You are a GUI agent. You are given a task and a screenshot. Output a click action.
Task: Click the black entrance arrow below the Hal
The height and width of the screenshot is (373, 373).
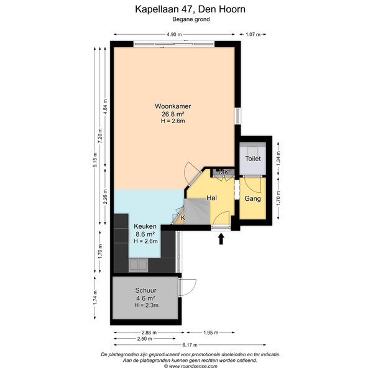[x=221, y=239]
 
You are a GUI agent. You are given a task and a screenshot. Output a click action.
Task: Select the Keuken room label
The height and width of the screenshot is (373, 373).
[x=145, y=226]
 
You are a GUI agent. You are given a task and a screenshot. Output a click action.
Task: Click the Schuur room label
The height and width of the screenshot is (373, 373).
[x=146, y=290]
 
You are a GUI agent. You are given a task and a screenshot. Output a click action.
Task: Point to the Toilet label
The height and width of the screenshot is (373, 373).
[x=253, y=159]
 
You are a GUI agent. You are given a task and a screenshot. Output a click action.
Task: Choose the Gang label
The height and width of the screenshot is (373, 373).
[x=252, y=198]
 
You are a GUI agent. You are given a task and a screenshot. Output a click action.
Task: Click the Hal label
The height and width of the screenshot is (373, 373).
[x=211, y=198]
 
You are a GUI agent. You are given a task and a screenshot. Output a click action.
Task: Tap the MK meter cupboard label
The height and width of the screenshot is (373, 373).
[x=224, y=172]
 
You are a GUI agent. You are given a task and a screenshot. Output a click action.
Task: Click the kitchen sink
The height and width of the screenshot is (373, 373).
[x=138, y=265]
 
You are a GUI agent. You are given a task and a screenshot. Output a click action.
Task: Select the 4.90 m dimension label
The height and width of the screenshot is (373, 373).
[x=174, y=34]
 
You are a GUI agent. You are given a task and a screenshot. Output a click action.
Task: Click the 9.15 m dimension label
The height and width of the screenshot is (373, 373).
[x=95, y=160]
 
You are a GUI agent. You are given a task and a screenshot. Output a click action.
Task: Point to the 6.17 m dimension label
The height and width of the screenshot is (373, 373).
[x=190, y=344]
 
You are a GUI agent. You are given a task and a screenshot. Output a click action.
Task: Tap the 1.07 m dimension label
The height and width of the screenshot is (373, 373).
[x=253, y=34]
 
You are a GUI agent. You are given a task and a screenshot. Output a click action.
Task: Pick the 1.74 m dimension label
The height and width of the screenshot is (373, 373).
[x=95, y=298]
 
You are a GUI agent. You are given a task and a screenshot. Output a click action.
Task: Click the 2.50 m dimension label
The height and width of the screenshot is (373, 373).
[x=145, y=339]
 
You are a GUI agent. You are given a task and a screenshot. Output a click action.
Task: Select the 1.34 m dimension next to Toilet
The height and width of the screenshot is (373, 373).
[x=279, y=159]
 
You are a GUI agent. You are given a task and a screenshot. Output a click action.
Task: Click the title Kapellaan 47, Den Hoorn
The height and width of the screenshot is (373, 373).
[x=190, y=9]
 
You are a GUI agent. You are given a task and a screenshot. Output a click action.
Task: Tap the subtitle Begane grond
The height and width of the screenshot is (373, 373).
[x=191, y=19]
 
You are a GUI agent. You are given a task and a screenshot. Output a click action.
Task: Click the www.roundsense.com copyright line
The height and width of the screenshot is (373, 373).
[x=191, y=366]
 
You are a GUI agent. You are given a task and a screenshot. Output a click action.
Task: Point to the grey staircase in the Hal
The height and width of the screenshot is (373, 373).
[x=197, y=211]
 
